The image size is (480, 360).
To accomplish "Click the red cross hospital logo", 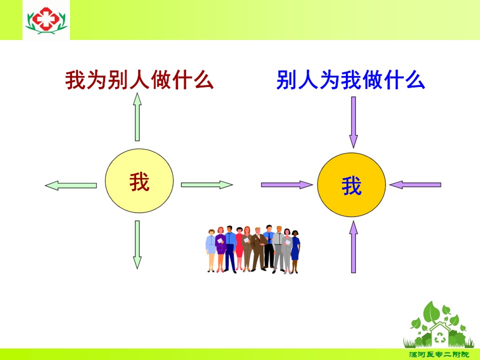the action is pos(46,20).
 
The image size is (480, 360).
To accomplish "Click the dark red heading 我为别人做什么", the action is pos(139,80).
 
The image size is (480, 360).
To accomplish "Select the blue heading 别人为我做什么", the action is pos(350,80).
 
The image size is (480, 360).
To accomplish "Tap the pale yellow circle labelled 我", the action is pos(139,181).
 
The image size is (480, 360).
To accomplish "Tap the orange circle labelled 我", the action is pos(351,185).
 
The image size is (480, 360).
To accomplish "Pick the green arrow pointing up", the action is pos(137,117).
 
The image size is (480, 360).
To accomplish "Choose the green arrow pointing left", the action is pos(71,185).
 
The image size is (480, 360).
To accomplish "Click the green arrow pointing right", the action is pos(207,185).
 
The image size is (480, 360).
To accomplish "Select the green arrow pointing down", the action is pos(137,245).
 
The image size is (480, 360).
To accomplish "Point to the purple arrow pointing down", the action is pos(353,122).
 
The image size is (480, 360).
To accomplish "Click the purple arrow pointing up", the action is pos(353,246).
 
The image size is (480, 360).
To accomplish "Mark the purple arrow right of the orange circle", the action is pos(415,185).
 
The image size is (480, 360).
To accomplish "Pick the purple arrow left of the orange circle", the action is pos(287,185).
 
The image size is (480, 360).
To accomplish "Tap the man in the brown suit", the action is pos(258,249).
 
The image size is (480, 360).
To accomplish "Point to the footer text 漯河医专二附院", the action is pos(439,354).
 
